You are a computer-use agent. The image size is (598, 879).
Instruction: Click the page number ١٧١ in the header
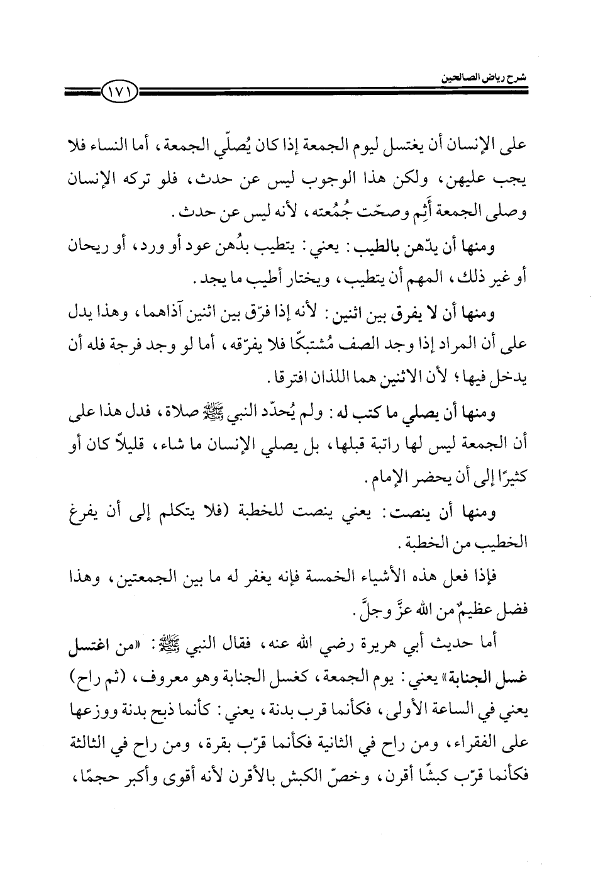click(x=119, y=96)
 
